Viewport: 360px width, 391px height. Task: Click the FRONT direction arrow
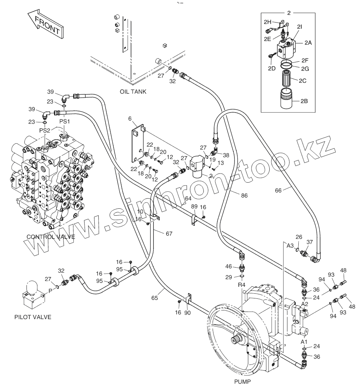(x=45, y=24)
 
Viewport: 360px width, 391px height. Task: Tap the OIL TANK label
(x=133, y=91)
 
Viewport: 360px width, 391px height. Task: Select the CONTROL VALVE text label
(x=51, y=237)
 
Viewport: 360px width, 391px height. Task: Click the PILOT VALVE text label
(x=33, y=317)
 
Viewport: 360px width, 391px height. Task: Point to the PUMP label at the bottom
(x=242, y=381)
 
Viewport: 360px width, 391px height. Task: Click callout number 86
(x=244, y=195)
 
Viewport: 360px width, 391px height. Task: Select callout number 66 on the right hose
(x=278, y=191)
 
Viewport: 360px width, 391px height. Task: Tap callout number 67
(x=169, y=234)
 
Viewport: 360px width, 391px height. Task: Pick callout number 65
(x=155, y=298)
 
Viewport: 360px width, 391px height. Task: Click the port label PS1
(x=65, y=122)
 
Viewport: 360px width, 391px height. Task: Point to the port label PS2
(x=45, y=130)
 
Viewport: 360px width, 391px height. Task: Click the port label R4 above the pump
(x=242, y=285)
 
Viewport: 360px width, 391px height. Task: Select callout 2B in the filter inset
(x=304, y=101)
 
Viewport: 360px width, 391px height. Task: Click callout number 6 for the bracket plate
(x=130, y=119)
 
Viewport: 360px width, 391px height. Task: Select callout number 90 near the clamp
(x=187, y=313)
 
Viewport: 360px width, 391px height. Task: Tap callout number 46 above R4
(x=229, y=266)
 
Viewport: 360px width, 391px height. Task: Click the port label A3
(x=290, y=246)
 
